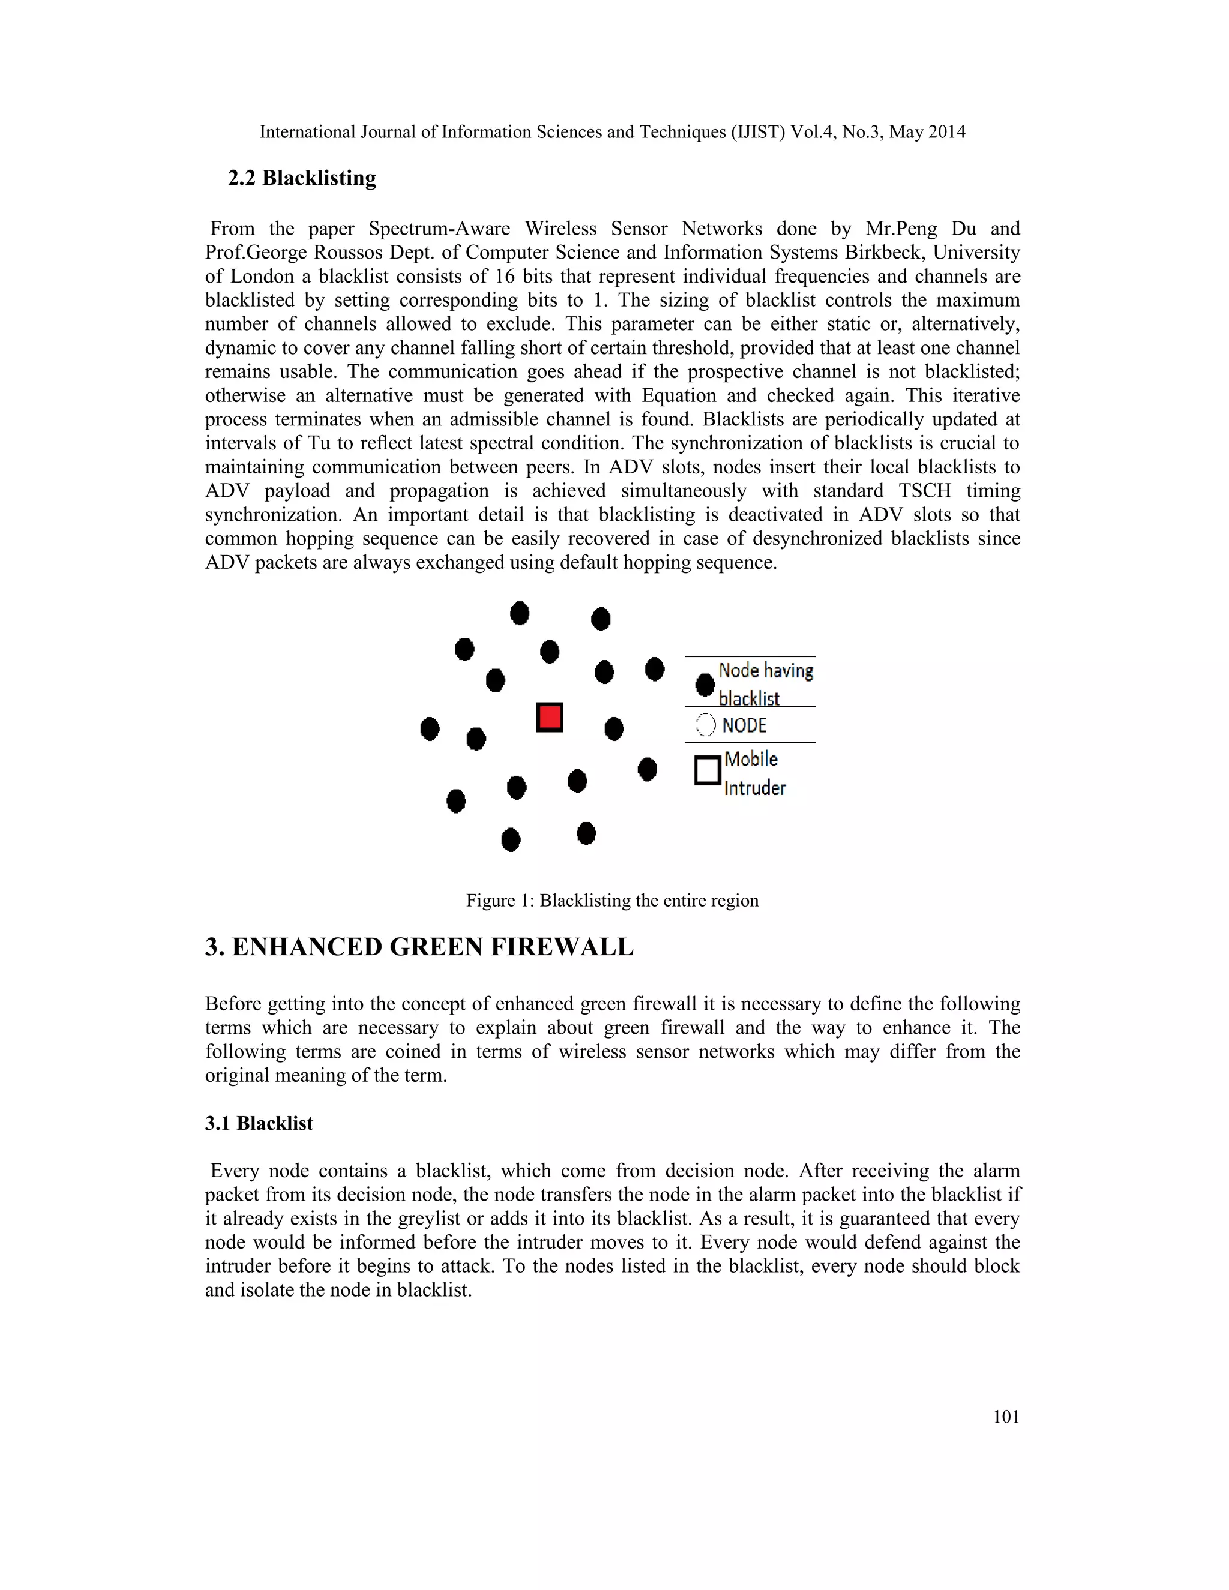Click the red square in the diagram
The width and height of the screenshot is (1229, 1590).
click(550, 717)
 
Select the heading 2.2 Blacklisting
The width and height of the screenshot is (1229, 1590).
click(302, 178)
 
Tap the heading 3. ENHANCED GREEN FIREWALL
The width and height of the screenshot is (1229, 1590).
click(419, 947)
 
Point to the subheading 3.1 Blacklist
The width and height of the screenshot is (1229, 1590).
click(259, 1123)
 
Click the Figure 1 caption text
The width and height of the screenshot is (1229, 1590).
click(612, 901)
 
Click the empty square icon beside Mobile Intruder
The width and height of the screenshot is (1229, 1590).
click(708, 770)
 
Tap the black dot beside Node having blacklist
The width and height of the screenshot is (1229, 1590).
click(705, 685)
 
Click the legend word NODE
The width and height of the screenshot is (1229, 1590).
click(744, 725)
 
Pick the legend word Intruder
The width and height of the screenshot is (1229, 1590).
click(755, 788)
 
